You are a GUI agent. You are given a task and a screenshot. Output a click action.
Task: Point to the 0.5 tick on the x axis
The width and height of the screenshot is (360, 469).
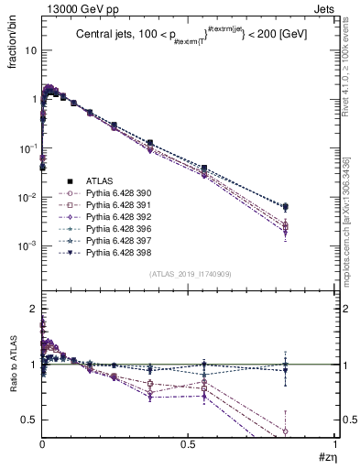click(189, 444)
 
